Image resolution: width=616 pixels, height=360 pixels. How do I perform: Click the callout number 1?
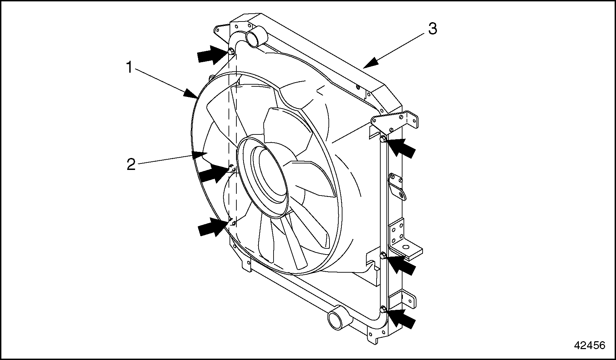coord(129,67)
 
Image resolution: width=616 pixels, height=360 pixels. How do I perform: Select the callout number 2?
coord(131,164)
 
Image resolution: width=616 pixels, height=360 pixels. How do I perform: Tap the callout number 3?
coord(432,29)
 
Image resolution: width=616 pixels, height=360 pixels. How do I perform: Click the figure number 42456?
coord(589,345)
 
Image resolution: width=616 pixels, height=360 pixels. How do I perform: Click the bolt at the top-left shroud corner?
coord(231,51)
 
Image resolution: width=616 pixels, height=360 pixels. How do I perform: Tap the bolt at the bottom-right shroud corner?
coord(383,310)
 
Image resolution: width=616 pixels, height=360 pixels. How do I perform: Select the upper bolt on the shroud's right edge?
coord(383,139)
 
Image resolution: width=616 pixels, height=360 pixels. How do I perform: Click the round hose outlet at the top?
coord(254,38)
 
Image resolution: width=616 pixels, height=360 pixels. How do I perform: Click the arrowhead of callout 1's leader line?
coord(191,94)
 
